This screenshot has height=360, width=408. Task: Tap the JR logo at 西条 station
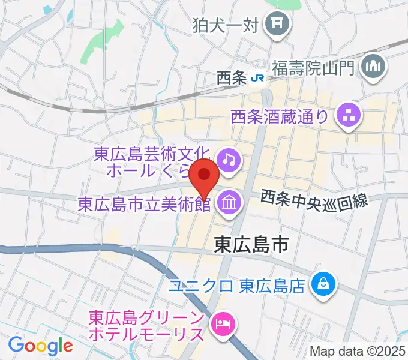[x=257, y=78]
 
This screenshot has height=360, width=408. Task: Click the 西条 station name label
[x=232, y=78]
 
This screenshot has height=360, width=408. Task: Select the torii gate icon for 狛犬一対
[x=279, y=25]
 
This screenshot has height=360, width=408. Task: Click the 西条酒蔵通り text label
[x=280, y=114]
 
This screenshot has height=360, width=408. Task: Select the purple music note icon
[x=228, y=160]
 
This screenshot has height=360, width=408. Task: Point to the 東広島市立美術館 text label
[x=144, y=204]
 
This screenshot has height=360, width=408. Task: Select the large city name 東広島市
[x=251, y=244]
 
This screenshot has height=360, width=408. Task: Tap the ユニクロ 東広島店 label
[x=238, y=283]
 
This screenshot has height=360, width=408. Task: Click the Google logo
[x=41, y=346]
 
